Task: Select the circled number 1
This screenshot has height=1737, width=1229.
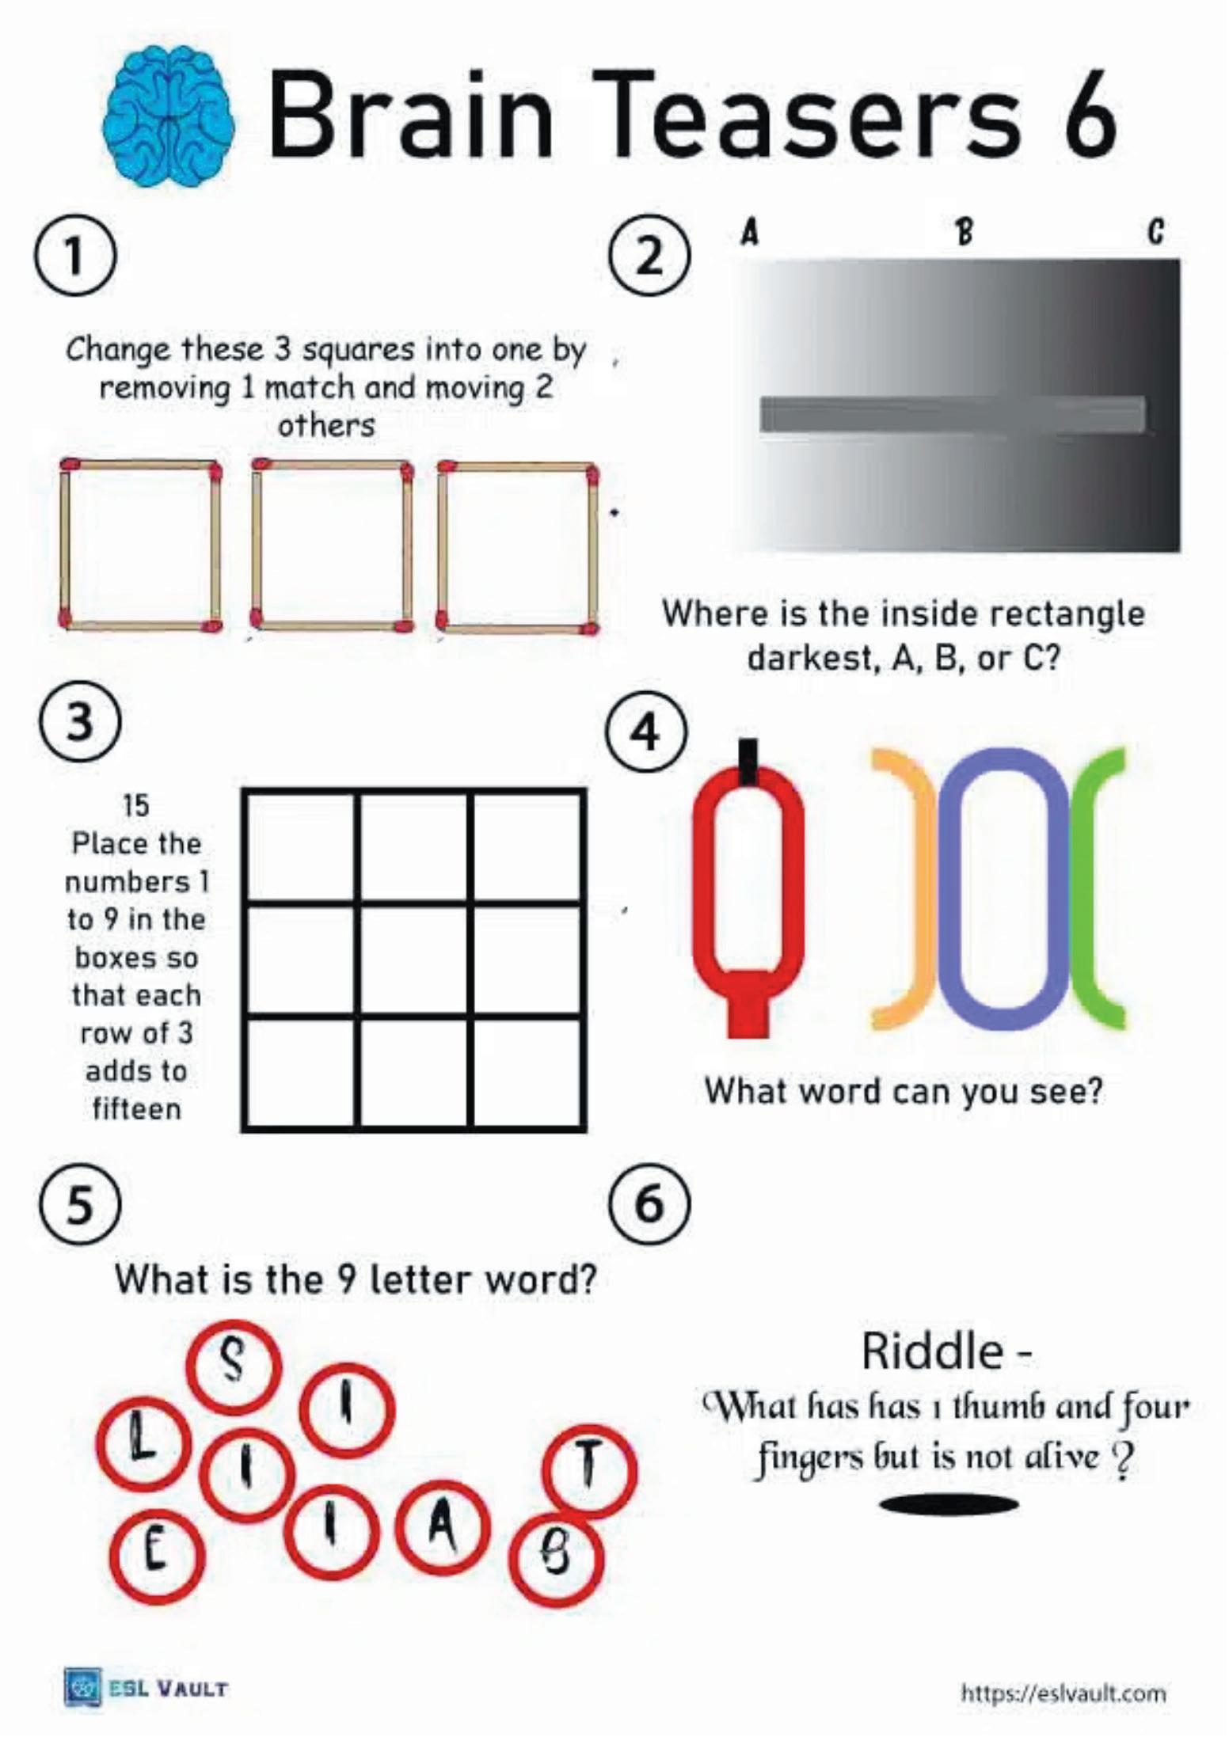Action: click(74, 256)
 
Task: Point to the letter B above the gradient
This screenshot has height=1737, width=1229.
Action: click(964, 232)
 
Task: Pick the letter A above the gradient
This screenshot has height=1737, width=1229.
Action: click(749, 232)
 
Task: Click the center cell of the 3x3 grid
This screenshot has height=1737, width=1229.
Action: click(414, 959)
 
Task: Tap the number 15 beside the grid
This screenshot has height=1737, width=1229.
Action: click(136, 806)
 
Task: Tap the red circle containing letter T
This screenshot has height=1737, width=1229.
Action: click(589, 1471)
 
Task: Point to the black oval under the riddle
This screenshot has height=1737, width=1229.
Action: click(949, 1505)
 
